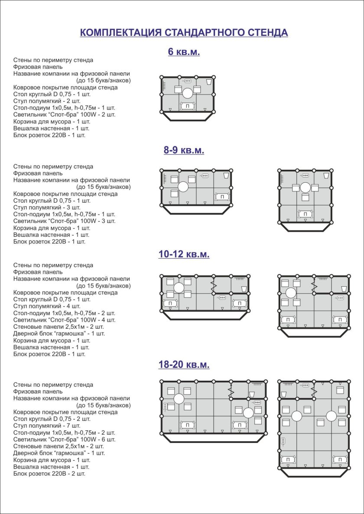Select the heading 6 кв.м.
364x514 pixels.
[x=184, y=52]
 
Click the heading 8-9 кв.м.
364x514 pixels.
[x=184, y=151]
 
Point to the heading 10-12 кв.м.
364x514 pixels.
[x=184, y=255]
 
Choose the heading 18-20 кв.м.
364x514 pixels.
[x=184, y=365]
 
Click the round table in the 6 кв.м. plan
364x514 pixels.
[x=187, y=93]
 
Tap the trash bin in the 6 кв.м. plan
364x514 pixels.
[x=209, y=82]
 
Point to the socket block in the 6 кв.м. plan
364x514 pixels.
[x=187, y=81]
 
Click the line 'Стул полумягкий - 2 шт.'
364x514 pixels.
[x=50, y=101]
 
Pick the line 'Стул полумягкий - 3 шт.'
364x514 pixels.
[x=50, y=207]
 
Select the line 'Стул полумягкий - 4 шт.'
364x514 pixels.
[x=50, y=306]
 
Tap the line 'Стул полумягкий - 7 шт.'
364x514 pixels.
[x=50, y=426]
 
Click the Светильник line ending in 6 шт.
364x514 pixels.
[x=64, y=439]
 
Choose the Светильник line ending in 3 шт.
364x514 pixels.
[x=64, y=221]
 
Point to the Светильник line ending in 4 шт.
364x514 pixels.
[x=64, y=320]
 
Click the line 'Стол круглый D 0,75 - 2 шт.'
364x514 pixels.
[x=52, y=419]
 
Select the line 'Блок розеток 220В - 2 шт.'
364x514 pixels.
[x=49, y=473]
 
